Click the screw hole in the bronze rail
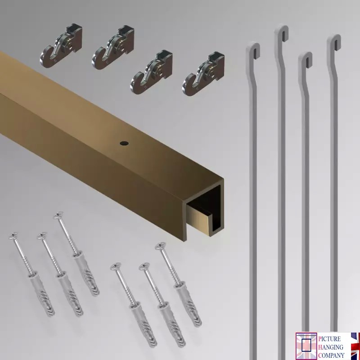(124, 144)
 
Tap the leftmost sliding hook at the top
(61, 46)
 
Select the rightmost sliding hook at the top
(204, 74)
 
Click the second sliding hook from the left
(113, 48)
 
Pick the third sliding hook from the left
(152, 72)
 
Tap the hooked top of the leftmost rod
(253, 49)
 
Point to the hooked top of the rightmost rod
(334, 42)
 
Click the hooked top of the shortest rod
(306, 59)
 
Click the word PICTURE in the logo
(329, 339)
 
